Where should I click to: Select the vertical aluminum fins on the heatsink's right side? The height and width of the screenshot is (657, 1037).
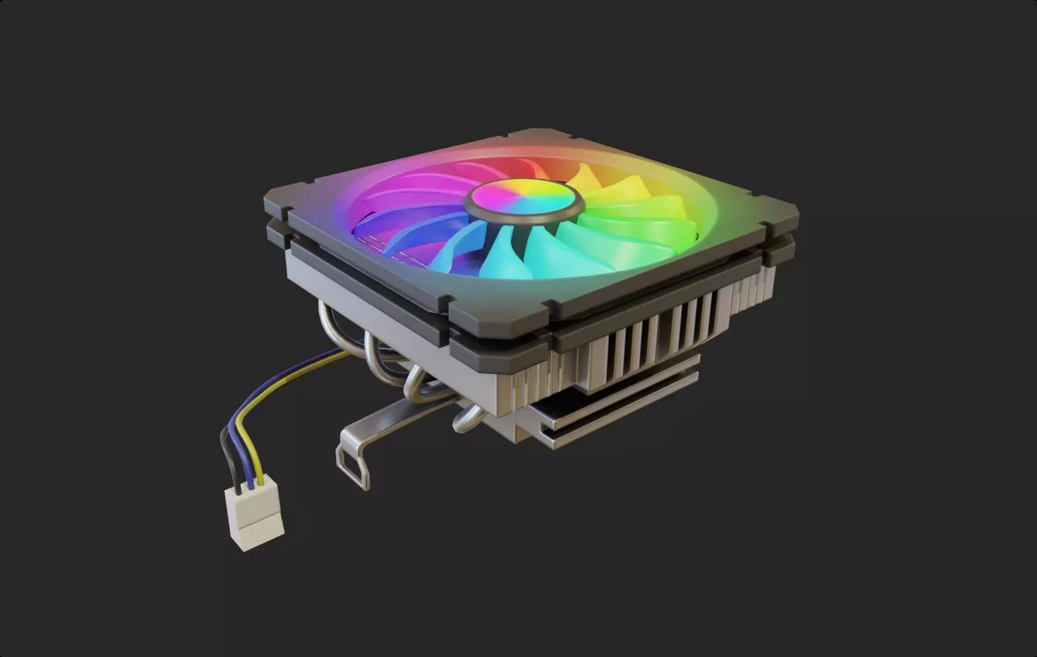(661, 337)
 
